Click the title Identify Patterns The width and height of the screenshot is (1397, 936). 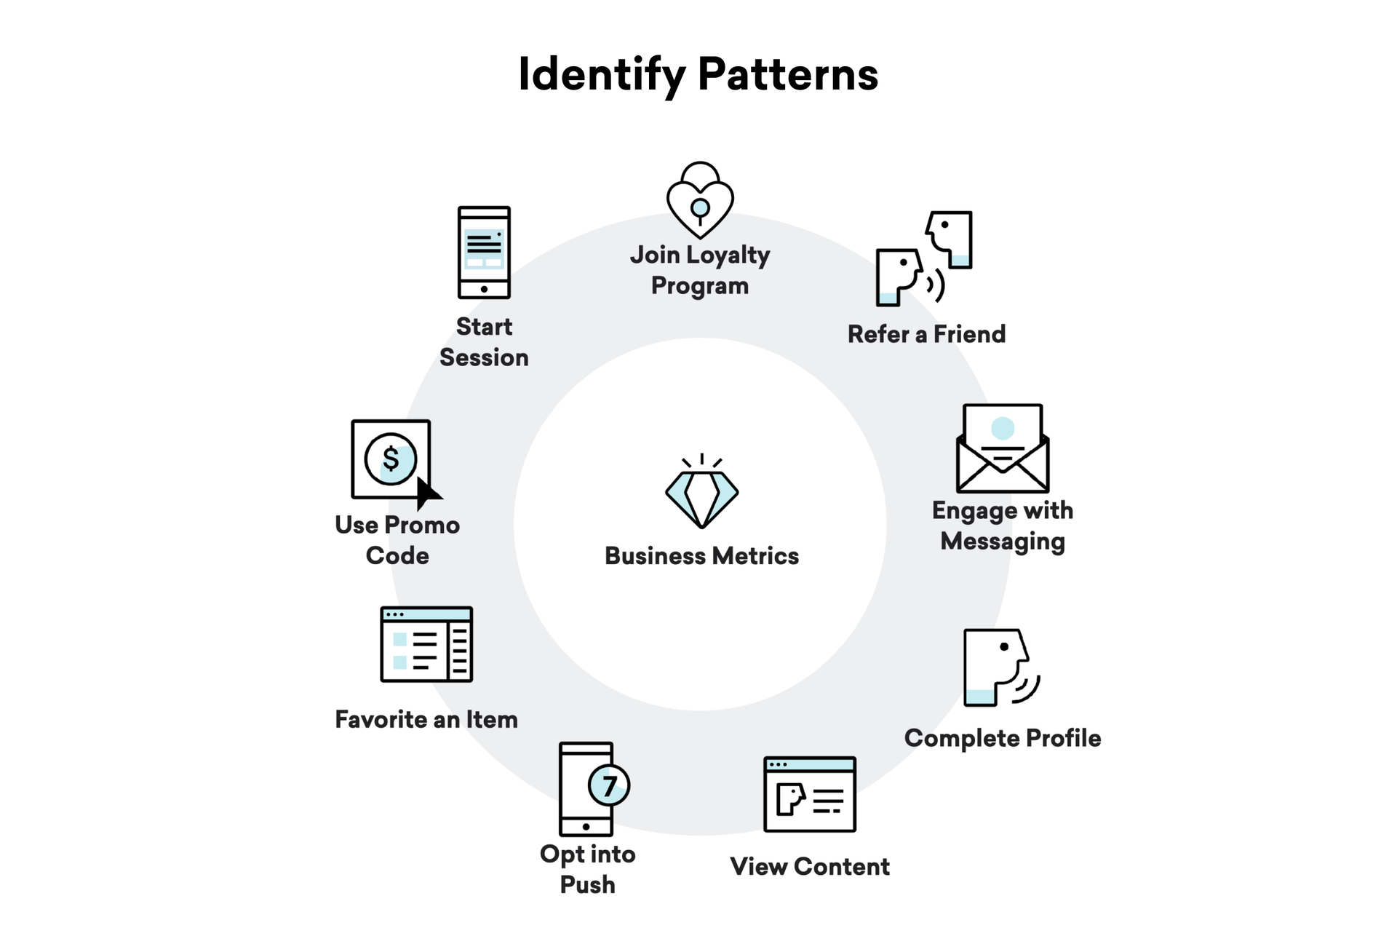pos(698,74)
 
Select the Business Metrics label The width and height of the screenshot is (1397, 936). pos(701,556)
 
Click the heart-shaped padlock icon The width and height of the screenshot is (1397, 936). pos(700,200)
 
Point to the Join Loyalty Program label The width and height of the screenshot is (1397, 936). pos(700,270)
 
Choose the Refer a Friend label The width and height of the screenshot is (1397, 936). pos(926,334)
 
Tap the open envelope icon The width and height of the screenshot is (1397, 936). pos(1003,448)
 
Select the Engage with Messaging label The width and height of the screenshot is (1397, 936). pos(1003,525)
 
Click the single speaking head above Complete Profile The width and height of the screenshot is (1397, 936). pos(999,667)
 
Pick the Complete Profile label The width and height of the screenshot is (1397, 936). pos(1003,738)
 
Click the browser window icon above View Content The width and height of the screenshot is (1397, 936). pos(810,794)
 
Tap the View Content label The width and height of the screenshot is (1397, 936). pos(810,866)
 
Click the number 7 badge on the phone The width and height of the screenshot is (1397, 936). pos(609,785)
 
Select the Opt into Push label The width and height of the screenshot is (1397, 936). pos(587,869)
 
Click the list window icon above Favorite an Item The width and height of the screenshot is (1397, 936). pos(426,644)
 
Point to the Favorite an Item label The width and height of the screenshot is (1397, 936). pos(426,719)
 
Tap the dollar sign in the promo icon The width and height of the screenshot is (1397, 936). pos(391,459)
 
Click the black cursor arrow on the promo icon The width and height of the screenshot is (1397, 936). pos(427,493)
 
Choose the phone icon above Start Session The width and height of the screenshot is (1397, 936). pos(484,253)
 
